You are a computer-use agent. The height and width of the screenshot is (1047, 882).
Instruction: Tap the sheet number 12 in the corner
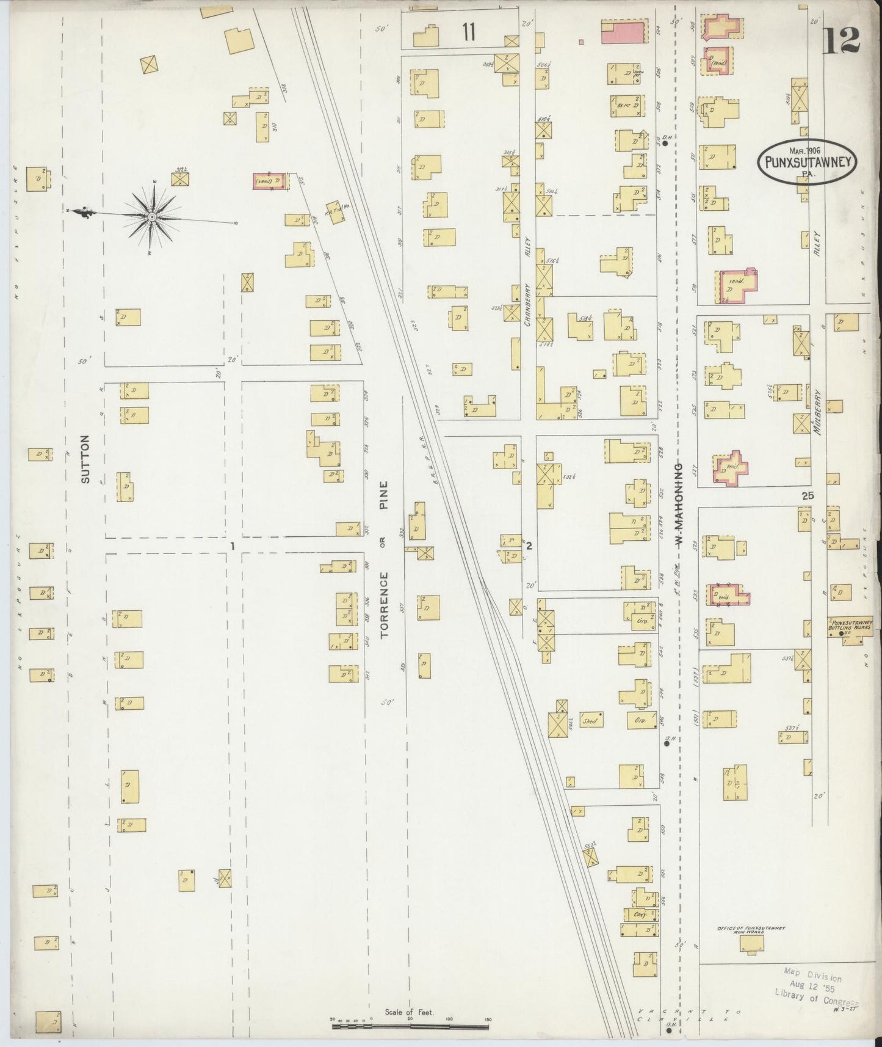(x=841, y=41)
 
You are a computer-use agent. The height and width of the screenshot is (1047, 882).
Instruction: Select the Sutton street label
(x=85, y=459)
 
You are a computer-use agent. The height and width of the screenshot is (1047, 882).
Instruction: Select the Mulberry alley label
(x=819, y=412)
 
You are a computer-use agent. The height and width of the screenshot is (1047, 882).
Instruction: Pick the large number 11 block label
(x=468, y=32)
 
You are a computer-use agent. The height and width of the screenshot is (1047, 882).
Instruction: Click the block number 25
(x=808, y=497)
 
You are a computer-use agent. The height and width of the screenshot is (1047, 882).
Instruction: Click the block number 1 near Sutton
(x=232, y=545)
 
